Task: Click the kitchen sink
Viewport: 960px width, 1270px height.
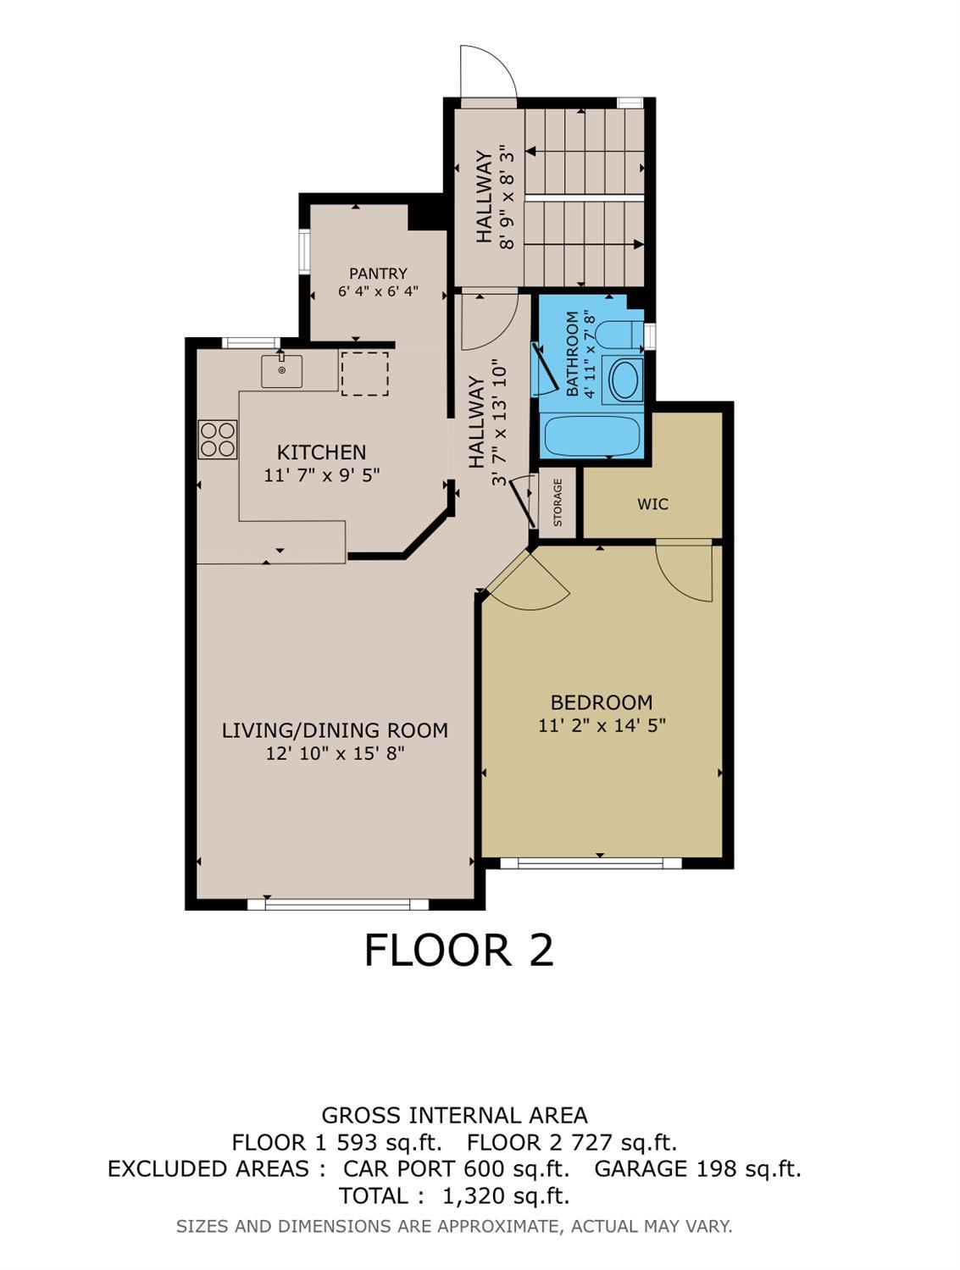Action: point(281,371)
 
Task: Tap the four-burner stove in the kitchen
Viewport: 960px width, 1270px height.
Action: point(218,440)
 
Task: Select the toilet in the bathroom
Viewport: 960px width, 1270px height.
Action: point(618,336)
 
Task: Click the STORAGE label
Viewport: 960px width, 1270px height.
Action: point(558,502)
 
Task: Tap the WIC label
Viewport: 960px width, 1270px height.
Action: point(652,504)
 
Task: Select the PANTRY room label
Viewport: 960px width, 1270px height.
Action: point(378,274)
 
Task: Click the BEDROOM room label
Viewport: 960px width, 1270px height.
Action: point(602,702)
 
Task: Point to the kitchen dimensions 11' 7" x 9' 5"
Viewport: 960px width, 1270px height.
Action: point(321,475)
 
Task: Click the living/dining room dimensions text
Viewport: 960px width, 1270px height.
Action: point(335,753)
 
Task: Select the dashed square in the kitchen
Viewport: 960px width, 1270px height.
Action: point(364,374)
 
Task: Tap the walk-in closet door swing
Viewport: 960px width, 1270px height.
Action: point(685,569)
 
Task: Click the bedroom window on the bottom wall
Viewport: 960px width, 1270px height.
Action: point(591,863)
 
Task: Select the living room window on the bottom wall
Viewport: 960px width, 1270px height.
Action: point(337,904)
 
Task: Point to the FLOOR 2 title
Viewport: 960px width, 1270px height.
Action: point(458,950)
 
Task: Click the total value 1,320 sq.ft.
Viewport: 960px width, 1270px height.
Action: point(506,1196)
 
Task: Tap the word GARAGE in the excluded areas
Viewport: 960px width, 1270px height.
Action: point(641,1169)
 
